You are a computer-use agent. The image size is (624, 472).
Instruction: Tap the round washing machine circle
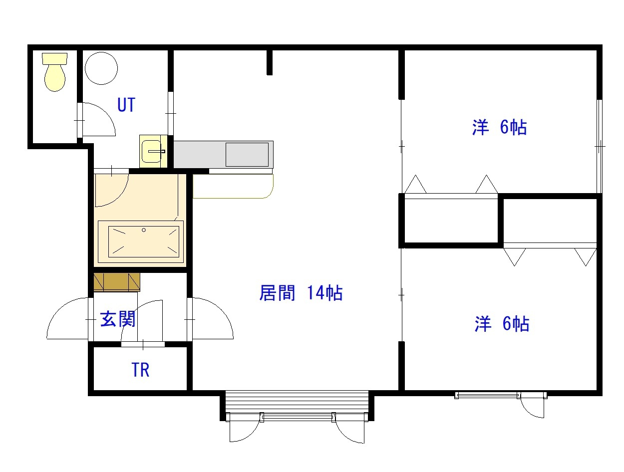pos(101,68)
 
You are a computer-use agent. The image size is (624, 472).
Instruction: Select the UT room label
pos(126,105)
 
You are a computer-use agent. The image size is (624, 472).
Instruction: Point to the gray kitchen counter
pos(223,154)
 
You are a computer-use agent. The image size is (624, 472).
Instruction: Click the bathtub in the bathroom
pos(143,241)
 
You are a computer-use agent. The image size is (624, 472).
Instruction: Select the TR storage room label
pos(140,370)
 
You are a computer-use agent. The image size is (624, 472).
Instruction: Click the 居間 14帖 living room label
pos(301,293)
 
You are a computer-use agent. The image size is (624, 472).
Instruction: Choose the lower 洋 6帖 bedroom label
pos(501,324)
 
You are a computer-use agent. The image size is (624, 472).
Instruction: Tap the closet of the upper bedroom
pos(451,220)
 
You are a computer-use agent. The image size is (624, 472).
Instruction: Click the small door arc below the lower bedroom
pos(532,407)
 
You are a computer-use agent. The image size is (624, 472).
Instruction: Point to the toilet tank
pos(55,58)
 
